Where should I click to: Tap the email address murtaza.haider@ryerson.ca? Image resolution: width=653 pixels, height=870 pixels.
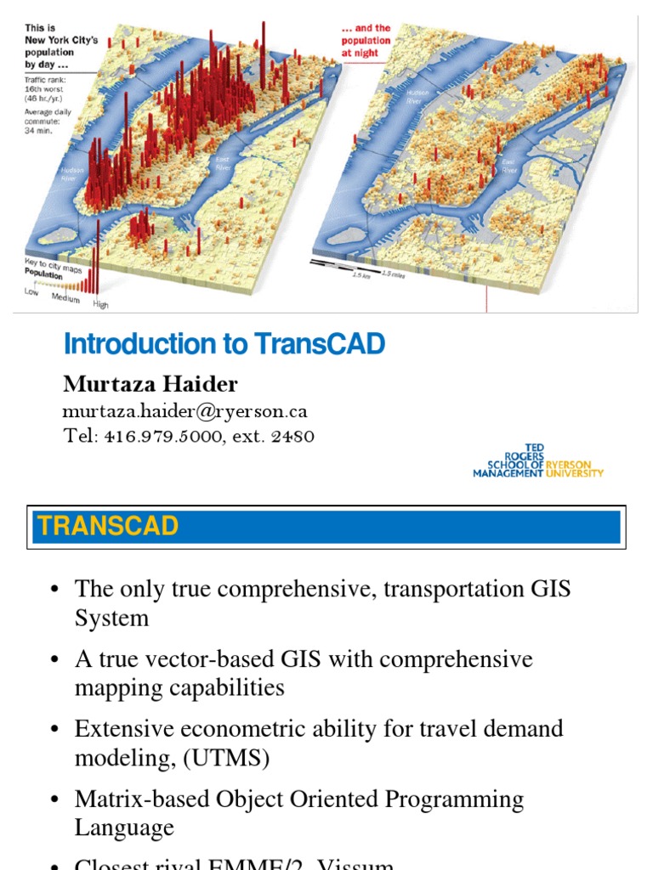[x=185, y=411]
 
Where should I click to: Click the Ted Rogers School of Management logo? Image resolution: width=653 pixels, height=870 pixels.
[x=537, y=460]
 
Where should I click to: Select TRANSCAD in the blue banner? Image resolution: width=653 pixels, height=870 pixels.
[x=108, y=526]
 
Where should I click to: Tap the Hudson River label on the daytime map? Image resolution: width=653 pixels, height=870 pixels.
[x=71, y=174]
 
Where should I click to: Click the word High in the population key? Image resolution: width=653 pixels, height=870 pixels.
[x=100, y=304]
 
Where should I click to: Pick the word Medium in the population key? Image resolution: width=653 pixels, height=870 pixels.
[x=65, y=298]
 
